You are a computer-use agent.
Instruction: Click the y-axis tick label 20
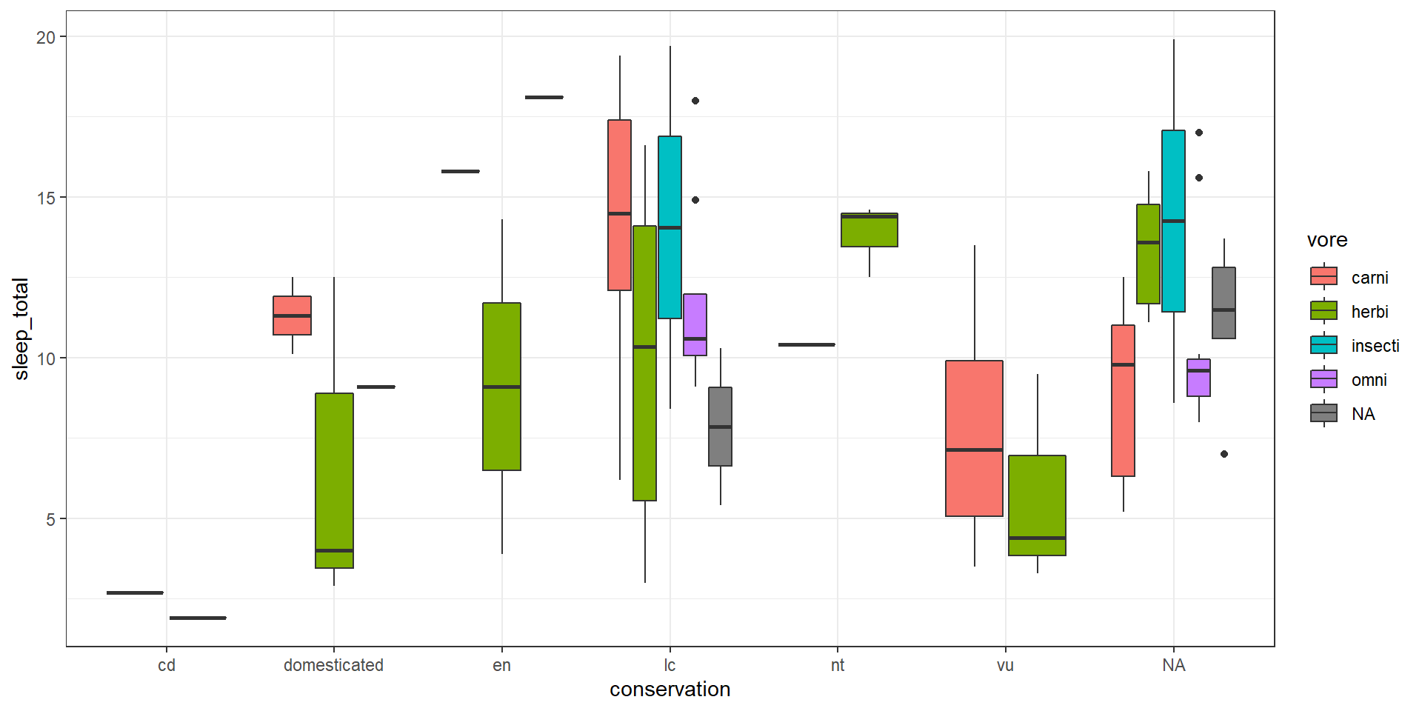click(46, 37)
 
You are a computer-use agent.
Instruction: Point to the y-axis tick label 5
click(50, 519)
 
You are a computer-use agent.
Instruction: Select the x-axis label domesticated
click(333, 665)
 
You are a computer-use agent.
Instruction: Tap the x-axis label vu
click(1005, 665)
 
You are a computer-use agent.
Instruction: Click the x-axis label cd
click(167, 665)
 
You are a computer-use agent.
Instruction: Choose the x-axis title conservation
click(670, 690)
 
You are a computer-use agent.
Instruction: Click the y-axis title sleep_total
click(21, 329)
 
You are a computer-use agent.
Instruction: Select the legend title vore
click(1327, 240)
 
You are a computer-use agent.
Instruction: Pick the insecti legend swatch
click(1323, 345)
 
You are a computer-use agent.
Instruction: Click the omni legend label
click(1369, 380)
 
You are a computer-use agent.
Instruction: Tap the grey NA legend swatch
click(1323, 413)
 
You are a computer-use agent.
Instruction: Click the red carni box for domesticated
click(292, 316)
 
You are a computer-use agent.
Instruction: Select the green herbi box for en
click(501, 387)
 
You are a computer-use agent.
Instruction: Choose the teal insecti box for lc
click(670, 227)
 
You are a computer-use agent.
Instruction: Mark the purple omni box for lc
click(695, 324)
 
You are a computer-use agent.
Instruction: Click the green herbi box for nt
click(869, 230)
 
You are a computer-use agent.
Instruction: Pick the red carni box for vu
click(974, 438)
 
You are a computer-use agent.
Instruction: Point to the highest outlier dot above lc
click(695, 101)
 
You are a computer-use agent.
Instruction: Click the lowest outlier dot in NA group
click(1224, 454)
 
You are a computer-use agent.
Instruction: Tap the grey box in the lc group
click(720, 427)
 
